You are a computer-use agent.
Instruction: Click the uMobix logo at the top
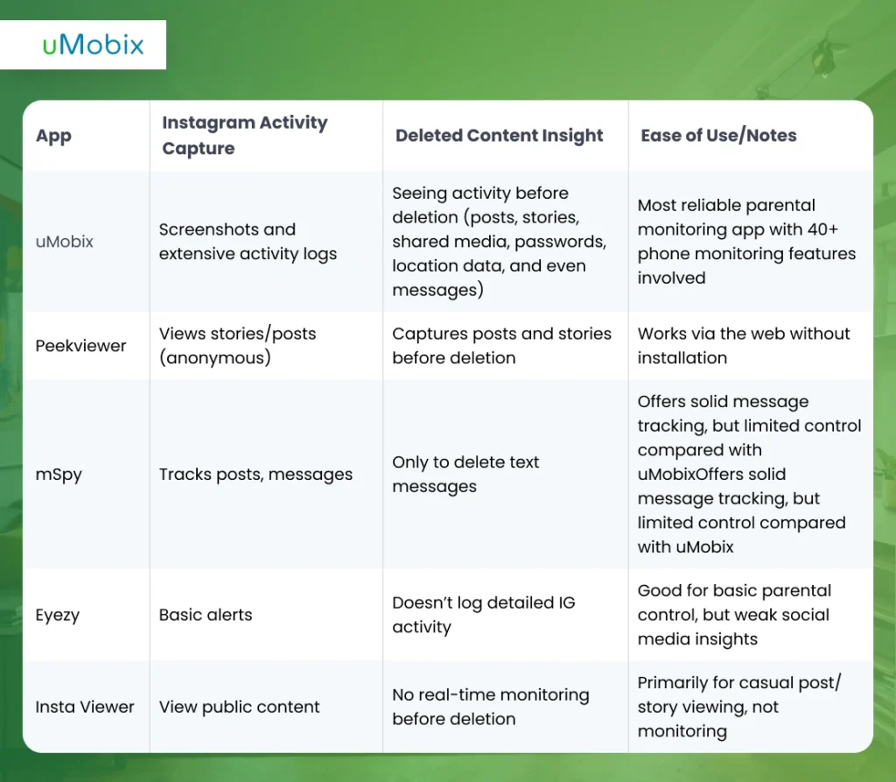(93, 45)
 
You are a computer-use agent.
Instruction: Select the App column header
(53, 136)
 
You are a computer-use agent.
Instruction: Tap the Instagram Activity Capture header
(244, 136)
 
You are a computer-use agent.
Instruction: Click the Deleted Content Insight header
(499, 136)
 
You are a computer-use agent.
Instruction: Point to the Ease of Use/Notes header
(718, 136)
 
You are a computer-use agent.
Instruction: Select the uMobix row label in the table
(64, 242)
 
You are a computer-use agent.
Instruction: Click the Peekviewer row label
(80, 346)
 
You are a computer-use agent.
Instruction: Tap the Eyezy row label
(59, 615)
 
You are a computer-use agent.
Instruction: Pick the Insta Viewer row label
(85, 707)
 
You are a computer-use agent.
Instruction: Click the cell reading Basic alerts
(206, 615)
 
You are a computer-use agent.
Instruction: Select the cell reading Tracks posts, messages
(255, 475)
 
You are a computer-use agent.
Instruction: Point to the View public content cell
(240, 707)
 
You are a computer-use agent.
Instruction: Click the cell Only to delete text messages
(465, 475)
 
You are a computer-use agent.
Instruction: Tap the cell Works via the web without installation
(744, 346)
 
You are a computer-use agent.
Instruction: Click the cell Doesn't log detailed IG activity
(483, 615)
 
